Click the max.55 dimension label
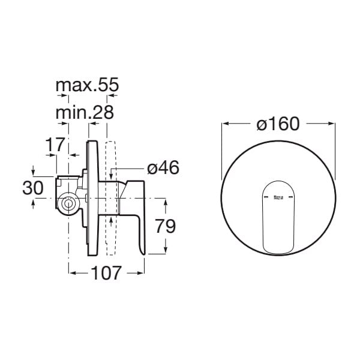87,85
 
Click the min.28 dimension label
85,113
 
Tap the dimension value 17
55,145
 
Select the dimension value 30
33,188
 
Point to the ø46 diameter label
163,167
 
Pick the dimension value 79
166,226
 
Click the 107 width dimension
106,273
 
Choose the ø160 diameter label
278,124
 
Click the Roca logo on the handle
278,197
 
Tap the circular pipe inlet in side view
68,204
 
